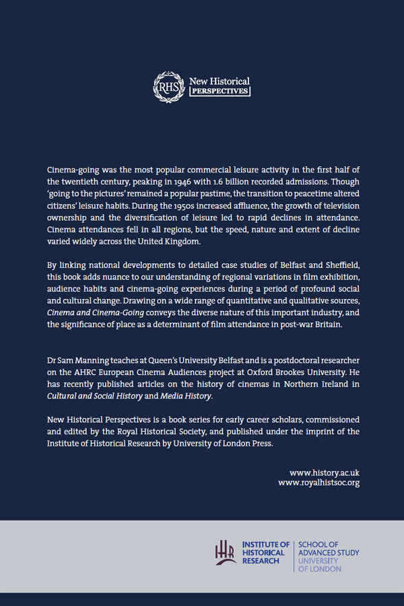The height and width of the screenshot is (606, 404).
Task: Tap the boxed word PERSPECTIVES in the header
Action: click(220, 91)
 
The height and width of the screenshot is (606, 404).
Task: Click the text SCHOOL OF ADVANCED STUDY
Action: click(329, 548)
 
